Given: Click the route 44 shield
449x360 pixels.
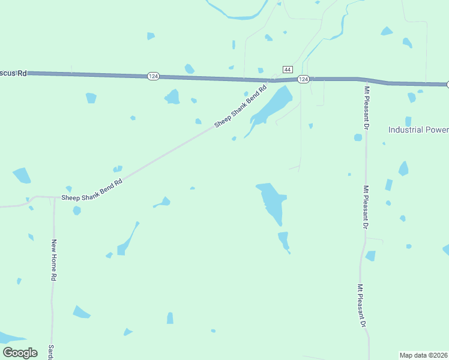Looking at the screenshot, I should pyautogui.click(x=288, y=69).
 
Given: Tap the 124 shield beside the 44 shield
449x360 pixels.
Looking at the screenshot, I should pyautogui.click(x=303, y=79).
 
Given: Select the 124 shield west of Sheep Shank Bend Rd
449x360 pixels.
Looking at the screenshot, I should pyautogui.click(x=153, y=76).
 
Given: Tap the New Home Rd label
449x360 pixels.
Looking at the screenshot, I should pyautogui.click(x=54, y=260).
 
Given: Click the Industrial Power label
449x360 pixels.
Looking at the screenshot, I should pyautogui.click(x=418, y=130).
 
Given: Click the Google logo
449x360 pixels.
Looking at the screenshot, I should pyautogui.click(x=20, y=353).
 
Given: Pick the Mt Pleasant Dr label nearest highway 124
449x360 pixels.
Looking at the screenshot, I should pyautogui.click(x=366, y=108).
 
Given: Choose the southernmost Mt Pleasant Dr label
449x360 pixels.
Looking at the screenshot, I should pyautogui.click(x=361, y=305).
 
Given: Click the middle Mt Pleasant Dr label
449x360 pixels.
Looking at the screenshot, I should pyautogui.click(x=365, y=207).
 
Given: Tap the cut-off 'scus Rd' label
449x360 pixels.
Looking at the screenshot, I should pyautogui.click(x=13, y=73).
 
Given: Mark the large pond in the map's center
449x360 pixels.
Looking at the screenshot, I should pyautogui.click(x=271, y=200).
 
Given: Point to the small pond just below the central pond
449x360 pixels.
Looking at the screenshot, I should pyautogui.click(x=283, y=240).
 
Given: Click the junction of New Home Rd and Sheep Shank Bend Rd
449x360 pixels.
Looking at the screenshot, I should pyautogui.click(x=54, y=197).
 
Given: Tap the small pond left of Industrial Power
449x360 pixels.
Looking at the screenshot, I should pyautogui.click(x=358, y=137).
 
